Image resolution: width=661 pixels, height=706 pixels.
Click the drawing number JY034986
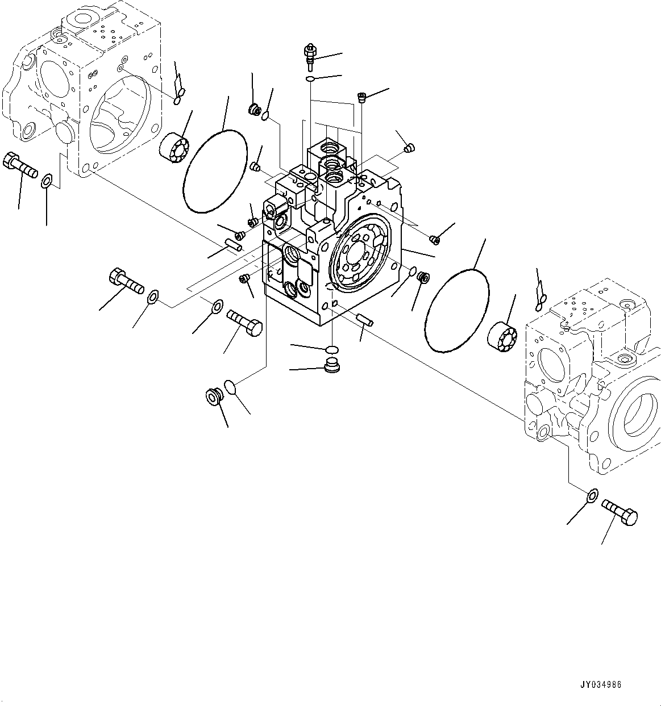tap(601, 684)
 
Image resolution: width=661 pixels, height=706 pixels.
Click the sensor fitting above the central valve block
tap(310, 56)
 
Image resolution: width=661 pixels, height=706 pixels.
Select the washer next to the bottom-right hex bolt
tap(591, 496)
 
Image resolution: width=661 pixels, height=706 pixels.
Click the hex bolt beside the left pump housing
tap(21, 162)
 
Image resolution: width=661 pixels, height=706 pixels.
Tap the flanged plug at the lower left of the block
tap(214, 396)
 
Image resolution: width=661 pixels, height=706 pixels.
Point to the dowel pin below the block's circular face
tap(364, 320)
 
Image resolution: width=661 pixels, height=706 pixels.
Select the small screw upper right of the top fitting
tap(361, 98)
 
